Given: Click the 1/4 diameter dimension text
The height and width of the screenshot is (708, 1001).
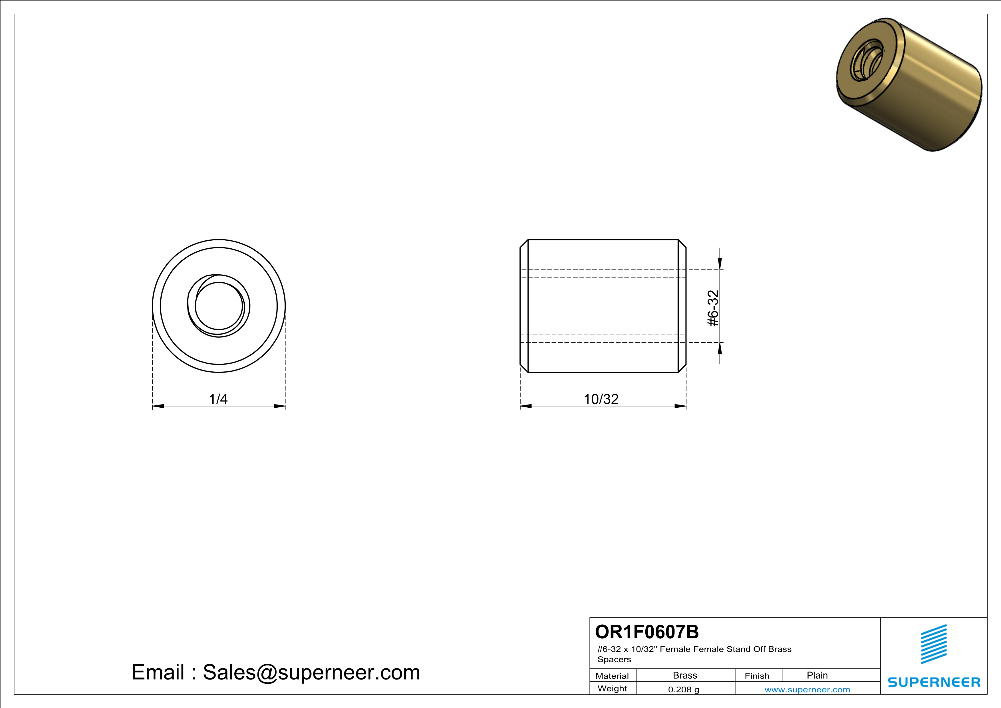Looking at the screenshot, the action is [218, 399].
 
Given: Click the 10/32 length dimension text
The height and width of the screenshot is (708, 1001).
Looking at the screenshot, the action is [601, 399].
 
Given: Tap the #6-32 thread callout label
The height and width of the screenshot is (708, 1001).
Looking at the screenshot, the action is [713, 308].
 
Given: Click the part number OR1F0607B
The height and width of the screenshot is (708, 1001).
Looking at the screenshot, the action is [647, 632].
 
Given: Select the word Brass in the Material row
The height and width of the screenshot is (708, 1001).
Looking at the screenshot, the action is [685, 675].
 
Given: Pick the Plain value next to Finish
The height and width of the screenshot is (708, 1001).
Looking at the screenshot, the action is [817, 675].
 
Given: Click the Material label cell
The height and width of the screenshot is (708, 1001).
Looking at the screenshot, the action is [612, 676].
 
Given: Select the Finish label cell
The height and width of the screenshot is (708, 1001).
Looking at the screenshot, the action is [757, 676].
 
